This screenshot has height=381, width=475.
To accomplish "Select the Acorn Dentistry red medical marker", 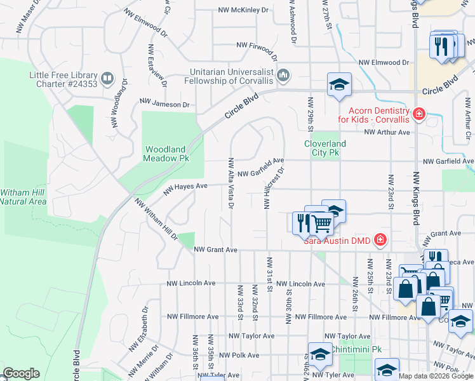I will click(x=418, y=114).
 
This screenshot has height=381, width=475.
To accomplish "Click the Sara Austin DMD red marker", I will click(x=380, y=239).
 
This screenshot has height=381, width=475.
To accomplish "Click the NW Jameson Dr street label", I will click(x=164, y=104).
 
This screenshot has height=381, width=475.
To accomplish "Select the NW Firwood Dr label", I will click(x=257, y=45).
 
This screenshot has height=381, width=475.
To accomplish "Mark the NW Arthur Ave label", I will click(x=387, y=132).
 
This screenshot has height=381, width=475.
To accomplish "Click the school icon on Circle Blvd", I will click(x=339, y=86).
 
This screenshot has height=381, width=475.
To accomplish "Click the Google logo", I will click(x=21, y=373).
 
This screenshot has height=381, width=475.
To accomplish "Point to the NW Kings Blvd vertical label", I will click(x=417, y=197).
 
